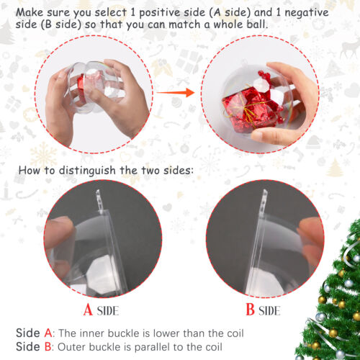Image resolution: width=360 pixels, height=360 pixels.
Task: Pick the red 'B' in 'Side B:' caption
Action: tap(48, 346)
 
